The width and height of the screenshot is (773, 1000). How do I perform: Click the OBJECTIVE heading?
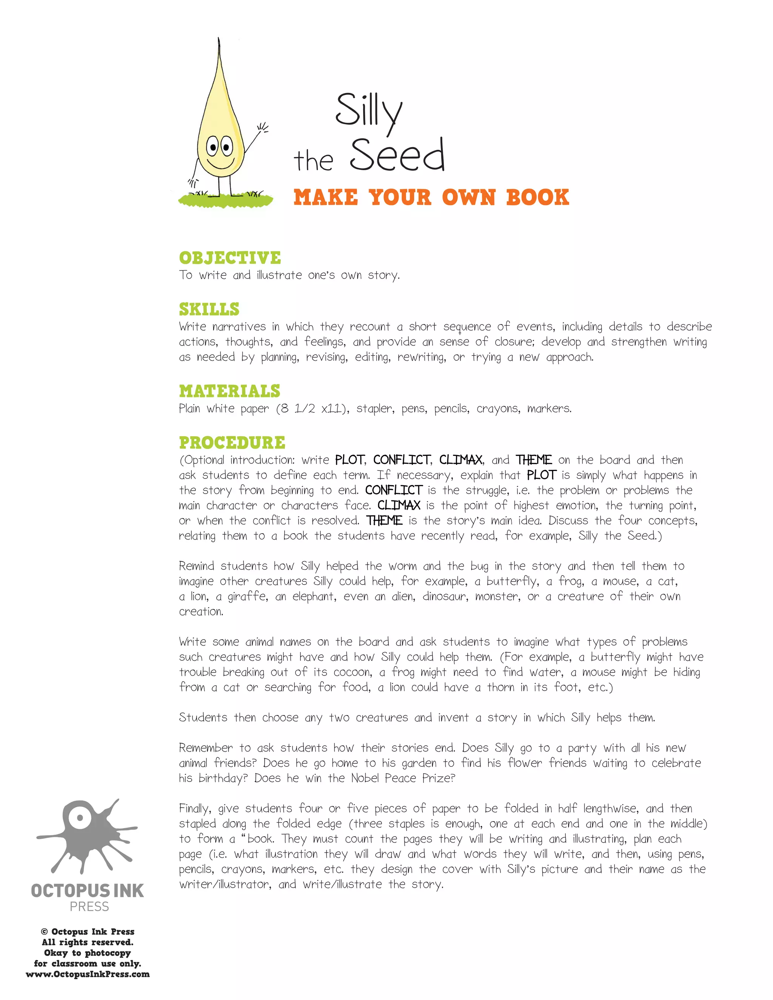pos(230,258)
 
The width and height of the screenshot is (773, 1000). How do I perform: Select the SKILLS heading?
pos(209,309)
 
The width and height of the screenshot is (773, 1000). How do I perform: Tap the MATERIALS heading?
pos(229,391)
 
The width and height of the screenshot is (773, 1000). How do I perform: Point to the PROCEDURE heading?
pos(232,443)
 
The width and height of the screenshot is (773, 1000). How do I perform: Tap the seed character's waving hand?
pos(262,128)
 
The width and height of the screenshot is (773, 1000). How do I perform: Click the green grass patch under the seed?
pos(225,200)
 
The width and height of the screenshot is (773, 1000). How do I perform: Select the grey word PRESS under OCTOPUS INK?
pos(89,906)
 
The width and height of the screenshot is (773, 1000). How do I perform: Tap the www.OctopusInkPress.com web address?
pos(88,974)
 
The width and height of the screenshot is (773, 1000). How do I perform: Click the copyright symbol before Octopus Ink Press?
pos(45,932)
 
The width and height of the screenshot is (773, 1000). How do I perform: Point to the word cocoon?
pos(353,672)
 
